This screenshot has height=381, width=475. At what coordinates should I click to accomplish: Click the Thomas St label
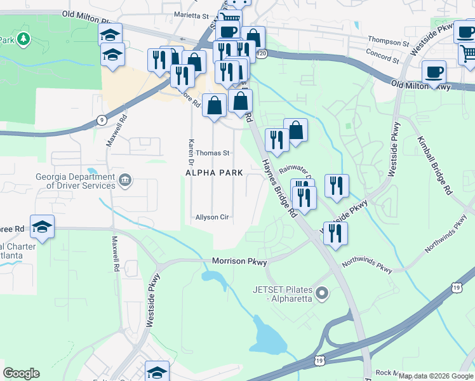click(212, 153)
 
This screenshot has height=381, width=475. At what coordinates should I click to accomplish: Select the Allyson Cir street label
click(212, 217)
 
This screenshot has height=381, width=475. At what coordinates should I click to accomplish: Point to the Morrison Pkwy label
click(239, 262)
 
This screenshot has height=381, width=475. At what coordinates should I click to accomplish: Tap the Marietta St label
click(191, 15)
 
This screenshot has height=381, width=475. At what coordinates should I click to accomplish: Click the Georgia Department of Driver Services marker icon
click(126, 180)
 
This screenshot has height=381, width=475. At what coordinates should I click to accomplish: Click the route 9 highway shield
click(102, 119)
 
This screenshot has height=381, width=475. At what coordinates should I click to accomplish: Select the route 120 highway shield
click(262, 55)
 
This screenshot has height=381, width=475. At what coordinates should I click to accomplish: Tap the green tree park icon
click(23, 40)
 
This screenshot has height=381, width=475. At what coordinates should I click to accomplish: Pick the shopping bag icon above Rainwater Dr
click(296, 130)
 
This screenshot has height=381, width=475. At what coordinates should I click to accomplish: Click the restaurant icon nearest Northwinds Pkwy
click(335, 233)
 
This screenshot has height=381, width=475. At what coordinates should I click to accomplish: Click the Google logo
click(22, 373)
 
